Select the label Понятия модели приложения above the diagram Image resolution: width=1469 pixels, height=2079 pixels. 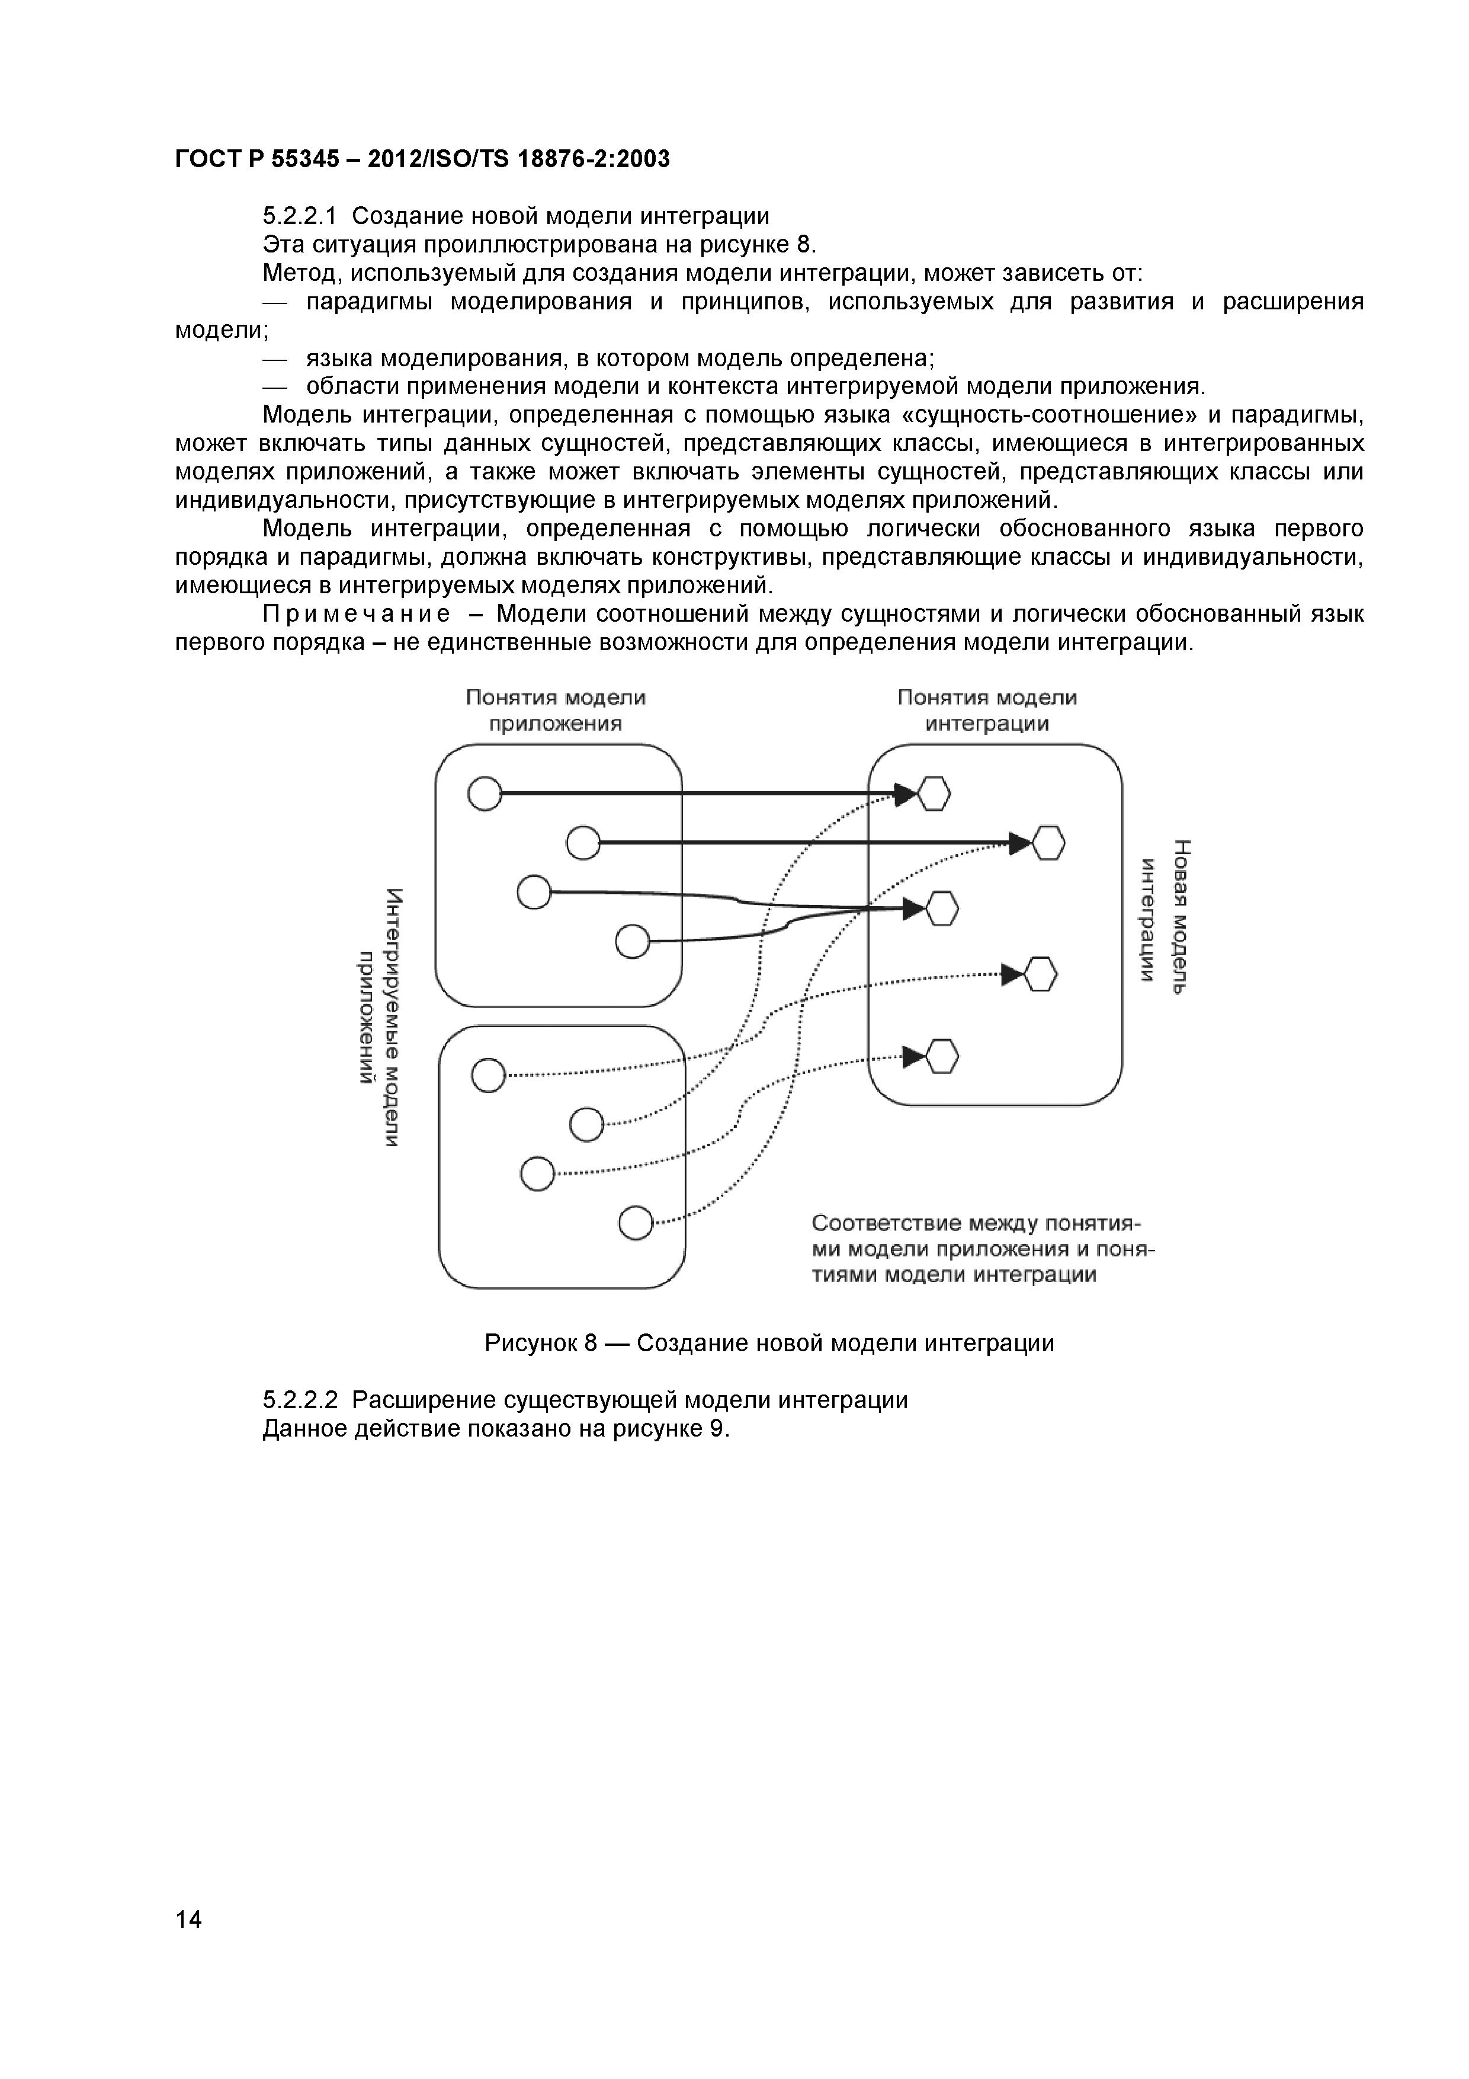coord(556,710)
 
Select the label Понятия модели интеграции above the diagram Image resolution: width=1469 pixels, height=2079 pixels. coord(987,710)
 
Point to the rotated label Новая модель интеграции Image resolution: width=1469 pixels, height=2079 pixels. coord(1164,916)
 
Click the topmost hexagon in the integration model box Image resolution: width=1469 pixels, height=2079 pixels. coord(934,795)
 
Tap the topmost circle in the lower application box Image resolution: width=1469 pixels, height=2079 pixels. coord(488,1075)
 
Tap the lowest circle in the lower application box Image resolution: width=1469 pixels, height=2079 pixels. coord(636,1223)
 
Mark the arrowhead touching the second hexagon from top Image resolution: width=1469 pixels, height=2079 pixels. coord(1020,844)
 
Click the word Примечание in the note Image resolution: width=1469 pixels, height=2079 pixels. coord(357,615)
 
